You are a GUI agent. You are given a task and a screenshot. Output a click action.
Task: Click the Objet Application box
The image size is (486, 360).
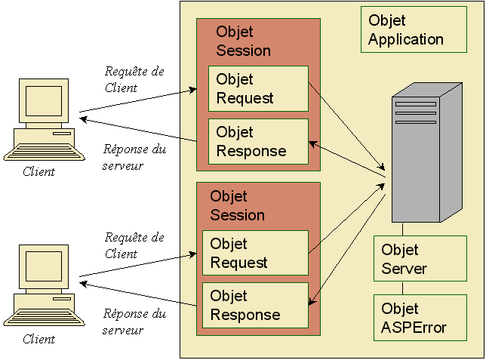pyautogui.click(x=414, y=30)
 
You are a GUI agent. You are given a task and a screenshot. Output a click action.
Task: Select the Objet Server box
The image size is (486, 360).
pyautogui.click(x=420, y=259)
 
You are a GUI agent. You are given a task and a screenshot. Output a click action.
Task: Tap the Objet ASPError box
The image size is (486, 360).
pyautogui.click(x=420, y=318)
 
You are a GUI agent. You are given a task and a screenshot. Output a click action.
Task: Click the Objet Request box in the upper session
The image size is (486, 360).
pyautogui.click(x=258, y=88)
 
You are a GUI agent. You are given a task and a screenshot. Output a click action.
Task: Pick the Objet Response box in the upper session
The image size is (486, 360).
pyautogui.click(x=258, y=141)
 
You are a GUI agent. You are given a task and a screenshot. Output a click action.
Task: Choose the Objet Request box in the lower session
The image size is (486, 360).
pyautogui.click(x=255, y=253)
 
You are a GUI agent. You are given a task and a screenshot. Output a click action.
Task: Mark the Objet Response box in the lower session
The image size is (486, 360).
pyautogui.click(x=255, y=306)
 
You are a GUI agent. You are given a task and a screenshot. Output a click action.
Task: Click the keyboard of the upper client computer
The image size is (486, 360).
pyautogui.click(x=45, y=153)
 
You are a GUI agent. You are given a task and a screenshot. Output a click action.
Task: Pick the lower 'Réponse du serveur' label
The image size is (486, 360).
pyautogui.click(x=134, y=322)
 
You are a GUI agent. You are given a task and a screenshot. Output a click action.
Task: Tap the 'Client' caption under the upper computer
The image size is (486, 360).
pyautogui.click(x=38, y=171)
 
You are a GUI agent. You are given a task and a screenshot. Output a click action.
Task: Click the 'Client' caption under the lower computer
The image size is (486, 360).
pyautogui.click(x=38, y=339)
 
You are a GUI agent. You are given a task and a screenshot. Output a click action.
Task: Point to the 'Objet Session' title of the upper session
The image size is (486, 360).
pyautogui.click(x=243, y=42)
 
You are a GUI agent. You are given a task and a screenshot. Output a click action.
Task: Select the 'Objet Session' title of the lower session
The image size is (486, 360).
pyautogui.click(x=237, y=205)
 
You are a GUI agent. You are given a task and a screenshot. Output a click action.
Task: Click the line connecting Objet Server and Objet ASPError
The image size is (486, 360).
pyautogui.click(x=403, y=288)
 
